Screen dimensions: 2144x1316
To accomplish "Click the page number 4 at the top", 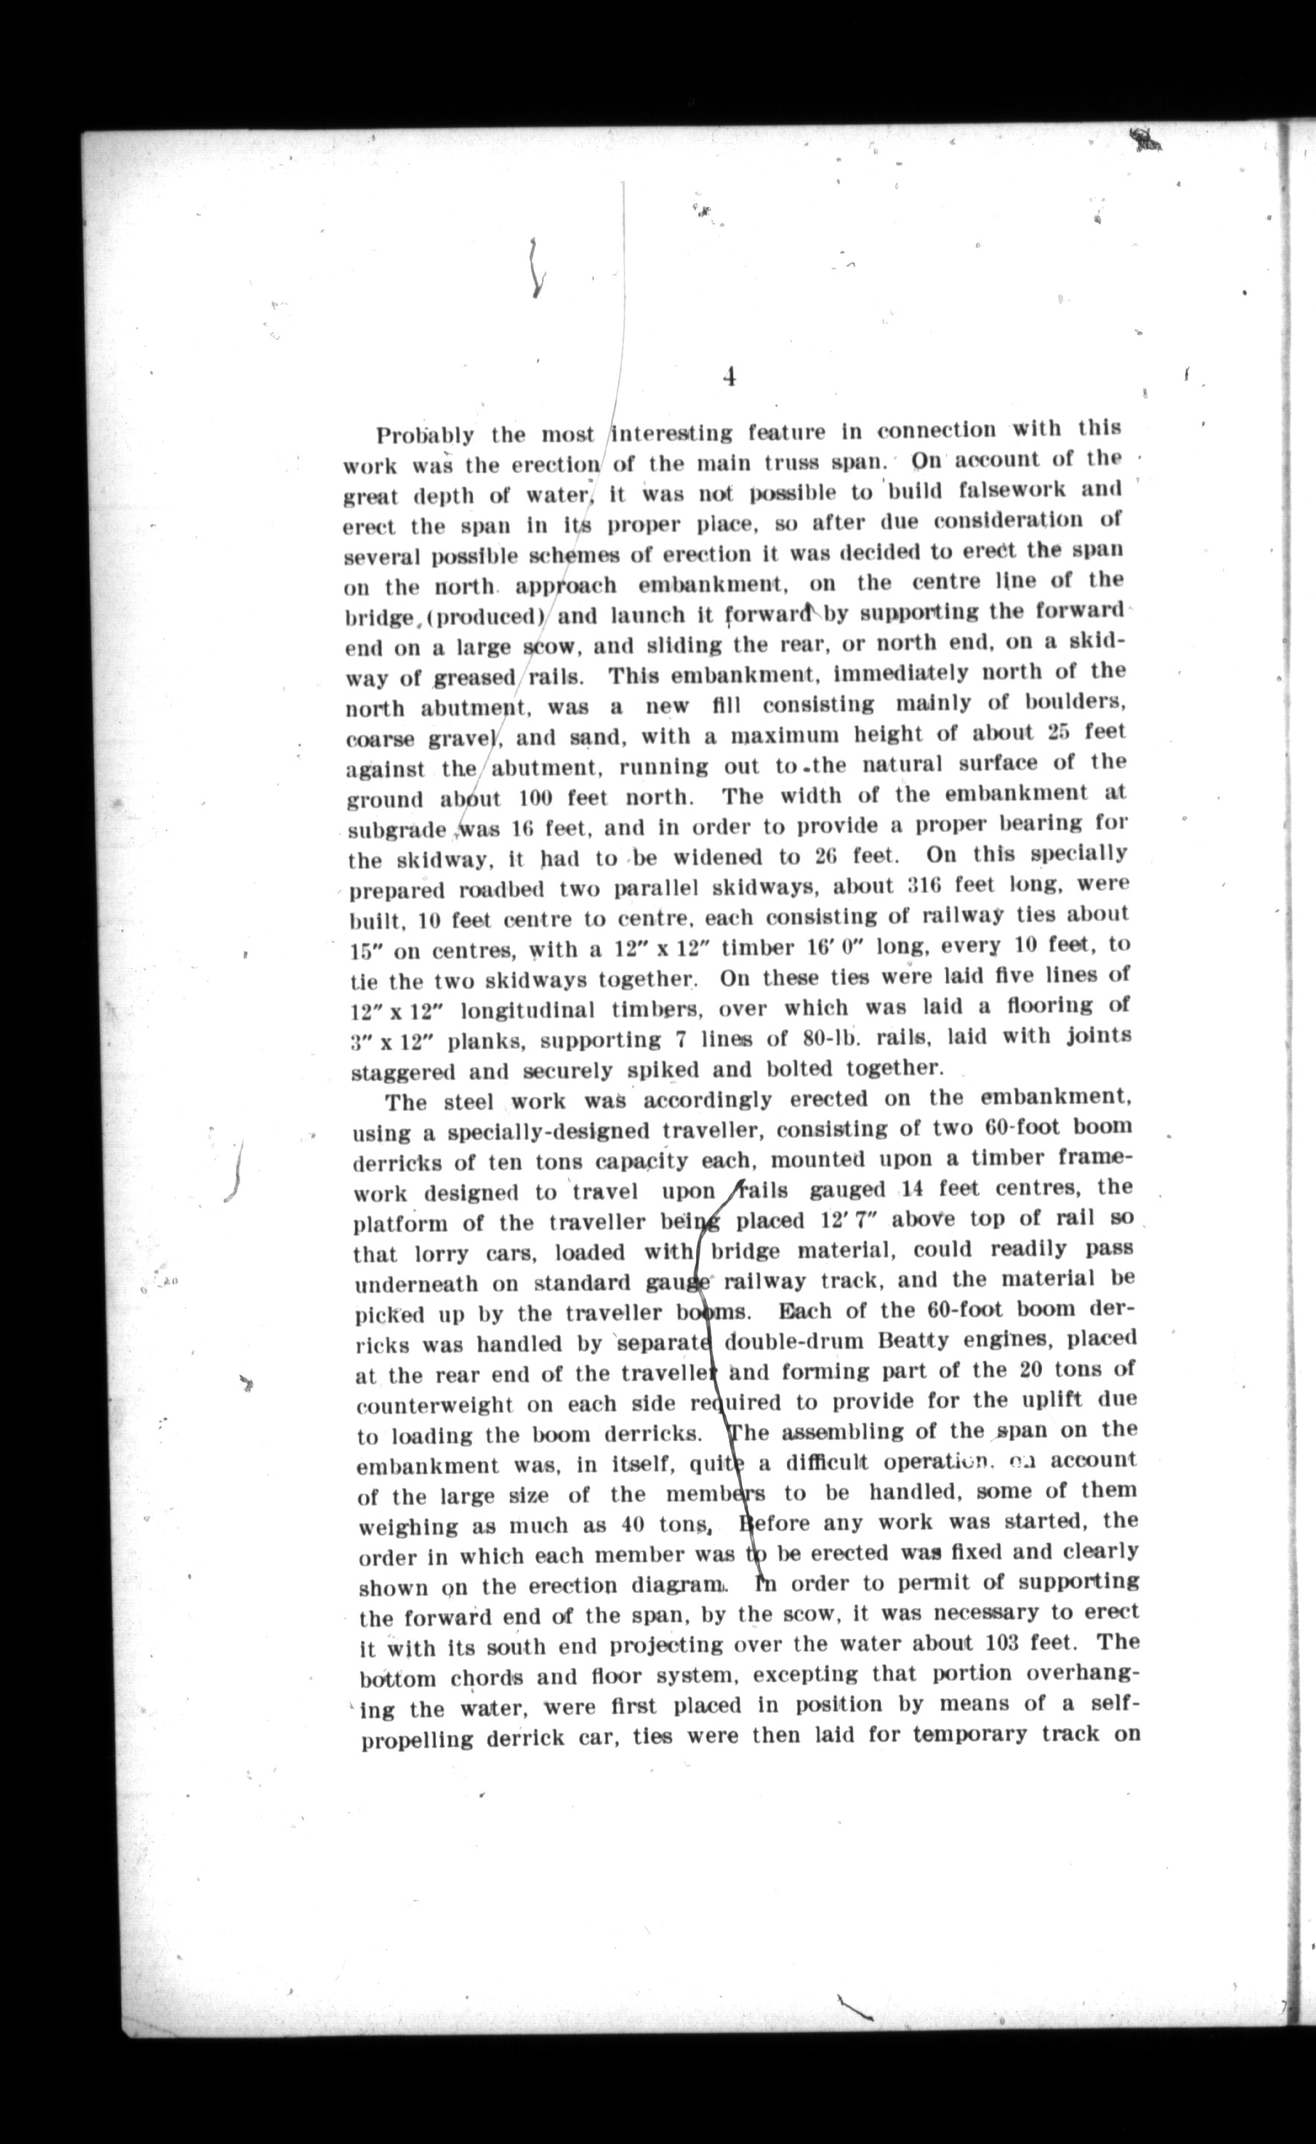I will coord(729,377).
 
